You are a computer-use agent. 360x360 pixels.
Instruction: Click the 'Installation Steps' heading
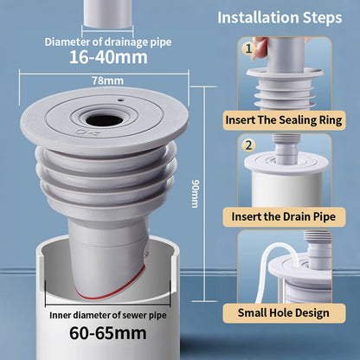point(280,18)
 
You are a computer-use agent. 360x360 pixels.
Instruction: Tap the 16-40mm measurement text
point(108,57)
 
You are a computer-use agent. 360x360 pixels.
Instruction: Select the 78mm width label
point(107,80)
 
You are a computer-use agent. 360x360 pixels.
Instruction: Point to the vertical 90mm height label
point(196,194)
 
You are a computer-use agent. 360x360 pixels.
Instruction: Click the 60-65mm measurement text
point(108,333)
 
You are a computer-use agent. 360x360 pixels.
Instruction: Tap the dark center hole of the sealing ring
point(104,120)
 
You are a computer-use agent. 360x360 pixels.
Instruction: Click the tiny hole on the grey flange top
point(121,100)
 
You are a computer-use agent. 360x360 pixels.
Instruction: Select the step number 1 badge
point(248,48)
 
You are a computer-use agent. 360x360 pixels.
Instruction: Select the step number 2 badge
point(248,145)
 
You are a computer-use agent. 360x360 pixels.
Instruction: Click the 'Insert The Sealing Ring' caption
point(284,120)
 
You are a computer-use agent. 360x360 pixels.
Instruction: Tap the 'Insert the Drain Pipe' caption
point(284,216)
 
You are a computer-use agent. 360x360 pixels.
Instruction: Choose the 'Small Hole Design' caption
point(284,313)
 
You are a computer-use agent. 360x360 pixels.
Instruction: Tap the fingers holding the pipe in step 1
point(260,48)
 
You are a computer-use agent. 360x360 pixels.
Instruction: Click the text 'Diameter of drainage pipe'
point(108,42)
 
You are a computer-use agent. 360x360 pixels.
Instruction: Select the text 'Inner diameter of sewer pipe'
point(108,315)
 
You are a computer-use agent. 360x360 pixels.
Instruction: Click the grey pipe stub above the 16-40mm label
point(107,14)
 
